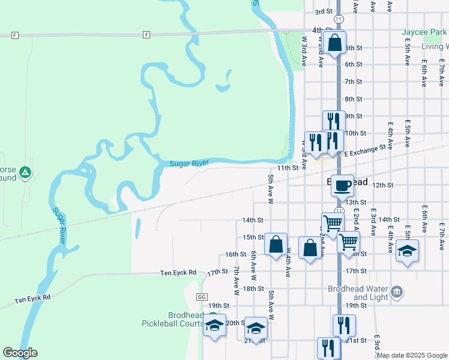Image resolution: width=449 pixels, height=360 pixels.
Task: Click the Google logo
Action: click(20, 353)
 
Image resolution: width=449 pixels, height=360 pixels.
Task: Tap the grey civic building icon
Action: click(397, 292)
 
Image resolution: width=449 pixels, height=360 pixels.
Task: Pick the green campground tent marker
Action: click(25, 173)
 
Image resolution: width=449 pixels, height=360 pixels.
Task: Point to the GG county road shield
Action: click(201, 297)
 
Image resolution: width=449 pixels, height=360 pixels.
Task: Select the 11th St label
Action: click(287, 169)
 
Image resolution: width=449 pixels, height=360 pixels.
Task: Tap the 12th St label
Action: click(382, 185)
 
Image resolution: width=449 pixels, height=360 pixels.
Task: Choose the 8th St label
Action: click(353, 99)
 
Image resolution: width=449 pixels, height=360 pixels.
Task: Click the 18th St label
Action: click(250, 289)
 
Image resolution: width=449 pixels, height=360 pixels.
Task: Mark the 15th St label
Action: click(253, 237)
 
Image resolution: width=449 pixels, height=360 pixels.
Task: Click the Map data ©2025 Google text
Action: click(412, 355)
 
